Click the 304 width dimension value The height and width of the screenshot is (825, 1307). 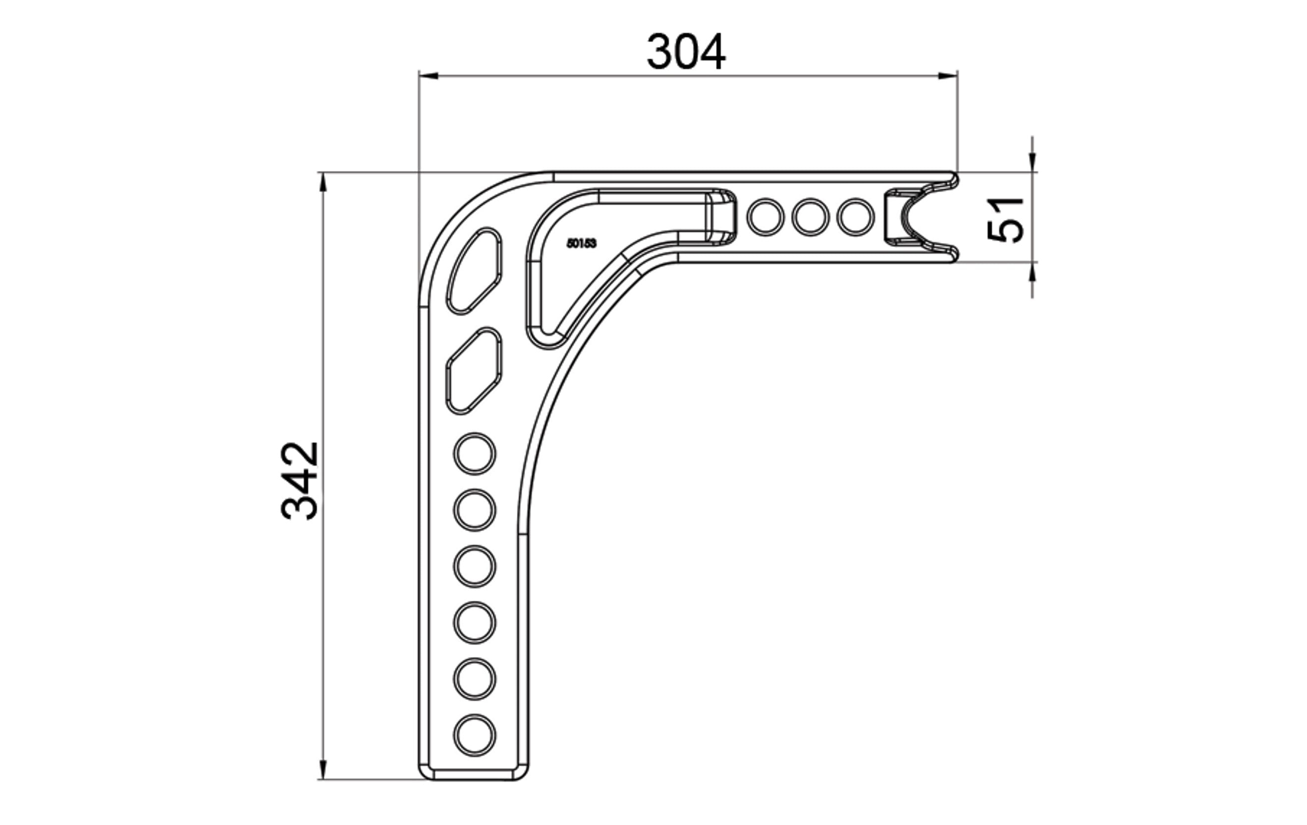[686, 52]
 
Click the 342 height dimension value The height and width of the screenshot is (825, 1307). [300, 481]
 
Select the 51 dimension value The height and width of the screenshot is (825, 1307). [1005, 220]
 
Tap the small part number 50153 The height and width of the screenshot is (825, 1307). [581, 244]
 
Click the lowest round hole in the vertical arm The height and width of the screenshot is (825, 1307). [474, 735]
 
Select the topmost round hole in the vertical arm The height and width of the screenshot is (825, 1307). [474, 454]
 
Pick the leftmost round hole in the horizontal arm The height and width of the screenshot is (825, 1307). [765, 217]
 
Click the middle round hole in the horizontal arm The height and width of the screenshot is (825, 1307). [811, 217]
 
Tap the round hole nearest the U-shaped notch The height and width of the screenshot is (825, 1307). [856, 217]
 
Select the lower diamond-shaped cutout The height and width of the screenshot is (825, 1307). [474, 371]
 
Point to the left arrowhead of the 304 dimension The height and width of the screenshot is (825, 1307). [429, 75]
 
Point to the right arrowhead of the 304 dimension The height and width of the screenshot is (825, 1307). [948, 75]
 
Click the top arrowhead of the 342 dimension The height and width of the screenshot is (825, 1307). [323, 182]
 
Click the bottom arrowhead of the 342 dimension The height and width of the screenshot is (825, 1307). [323, 769]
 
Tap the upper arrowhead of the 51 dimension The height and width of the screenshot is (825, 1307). [1032, 162]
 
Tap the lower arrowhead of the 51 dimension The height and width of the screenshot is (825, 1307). [1032, 273]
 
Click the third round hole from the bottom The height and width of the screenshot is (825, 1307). [474, 622]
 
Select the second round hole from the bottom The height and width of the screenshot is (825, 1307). [474, 679]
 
